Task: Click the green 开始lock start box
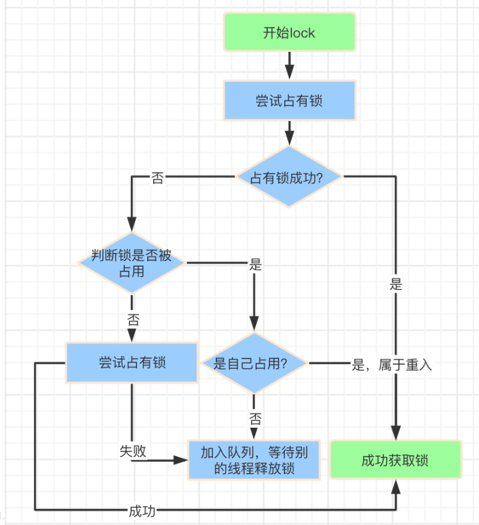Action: pyautogui.click(x=289, y=33)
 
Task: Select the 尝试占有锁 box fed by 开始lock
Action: pyautogui.click(x=289, y=101)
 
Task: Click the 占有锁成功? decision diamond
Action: pyautogui.click(x=289, y=177)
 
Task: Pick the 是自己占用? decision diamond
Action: pyautogui.click(x=254, y=363)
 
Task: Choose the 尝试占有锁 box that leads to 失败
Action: pyautogui.click(x=132, y=362)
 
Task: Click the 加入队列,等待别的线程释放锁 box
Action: pyautogui.click(x=254, y=460)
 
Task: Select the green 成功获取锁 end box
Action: pyautogui.click(x=395, y=460)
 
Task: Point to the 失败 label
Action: pyautogui.click(x=133, y=451)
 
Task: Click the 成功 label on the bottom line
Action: pyautogui.click(x=142, y=510)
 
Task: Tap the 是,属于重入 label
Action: pyautogui.click(x=392, y=365)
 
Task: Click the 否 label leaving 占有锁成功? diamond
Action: pyautogui.click(x=157, y=178)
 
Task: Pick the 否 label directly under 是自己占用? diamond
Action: pyautogui.click(x=255, y=419)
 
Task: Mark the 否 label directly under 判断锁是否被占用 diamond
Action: pyautogui.click(x=133, y=319)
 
